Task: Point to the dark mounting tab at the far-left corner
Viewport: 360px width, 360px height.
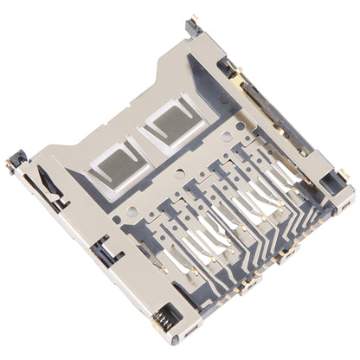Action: point(16,162)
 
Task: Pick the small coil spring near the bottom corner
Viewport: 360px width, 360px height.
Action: point(160,323)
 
